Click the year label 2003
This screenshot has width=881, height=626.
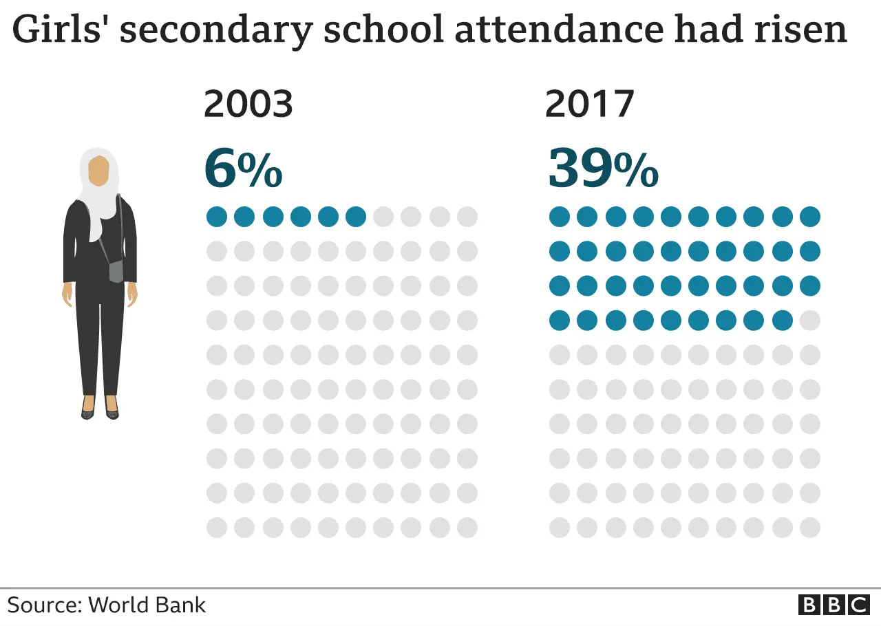248,105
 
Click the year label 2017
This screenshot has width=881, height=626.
589,105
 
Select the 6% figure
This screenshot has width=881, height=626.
243,170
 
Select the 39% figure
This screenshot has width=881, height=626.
603,170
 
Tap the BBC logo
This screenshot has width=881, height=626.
834,605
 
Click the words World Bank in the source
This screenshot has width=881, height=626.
147,605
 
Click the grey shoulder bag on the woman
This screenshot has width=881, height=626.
116,271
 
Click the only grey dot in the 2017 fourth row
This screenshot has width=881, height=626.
810,321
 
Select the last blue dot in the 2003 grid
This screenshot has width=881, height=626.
356,217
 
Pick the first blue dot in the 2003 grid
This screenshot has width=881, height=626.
217,217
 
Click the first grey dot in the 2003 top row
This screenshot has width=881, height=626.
383,217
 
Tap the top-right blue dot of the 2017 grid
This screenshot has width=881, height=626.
810,217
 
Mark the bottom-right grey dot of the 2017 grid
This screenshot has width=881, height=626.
810,528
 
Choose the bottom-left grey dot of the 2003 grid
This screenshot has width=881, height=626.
217,528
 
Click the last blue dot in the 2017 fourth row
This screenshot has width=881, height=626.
783,321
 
